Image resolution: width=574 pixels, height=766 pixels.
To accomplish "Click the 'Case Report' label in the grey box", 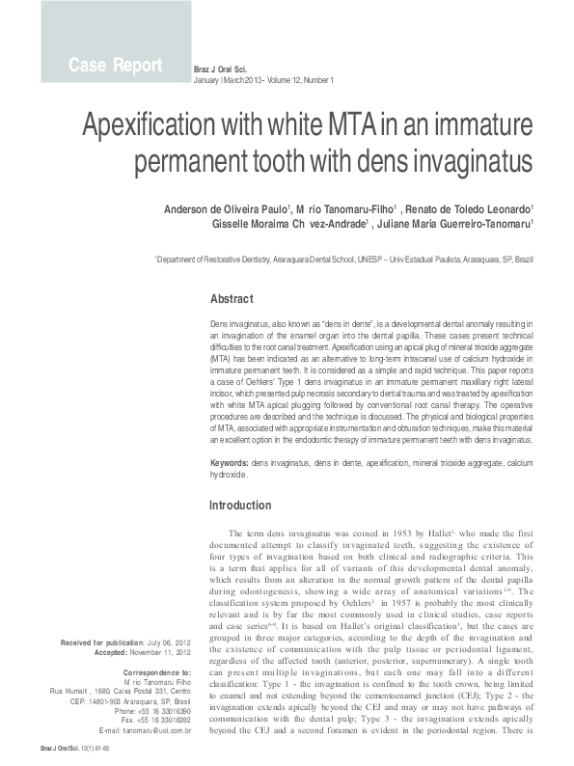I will [115, 66].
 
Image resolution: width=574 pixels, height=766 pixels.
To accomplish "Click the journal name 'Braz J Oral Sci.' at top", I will [221, 69].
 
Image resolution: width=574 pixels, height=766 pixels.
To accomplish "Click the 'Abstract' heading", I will [232, 298].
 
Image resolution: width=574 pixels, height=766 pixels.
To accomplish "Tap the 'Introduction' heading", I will [240, 506].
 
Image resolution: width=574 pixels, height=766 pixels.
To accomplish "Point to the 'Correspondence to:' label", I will [160, 670].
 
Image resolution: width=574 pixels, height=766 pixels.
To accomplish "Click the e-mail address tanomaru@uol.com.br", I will [158, 731].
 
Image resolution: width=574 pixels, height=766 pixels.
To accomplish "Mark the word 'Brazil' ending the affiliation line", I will [523, 260].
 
